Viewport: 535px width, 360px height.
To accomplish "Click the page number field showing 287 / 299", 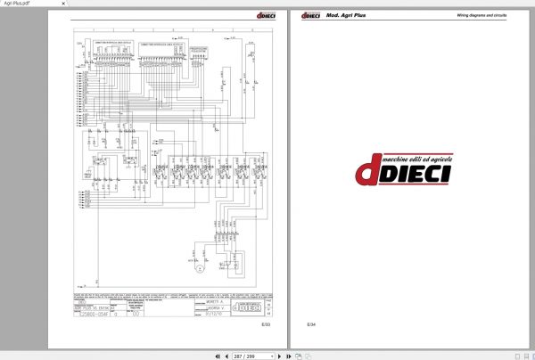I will pos(242,355).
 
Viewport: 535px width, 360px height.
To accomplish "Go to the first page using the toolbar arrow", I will pos(217,355).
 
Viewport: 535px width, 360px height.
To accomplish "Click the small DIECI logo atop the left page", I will pos(269,15).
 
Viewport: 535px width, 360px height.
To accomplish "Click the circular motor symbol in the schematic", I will pos(201,266).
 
